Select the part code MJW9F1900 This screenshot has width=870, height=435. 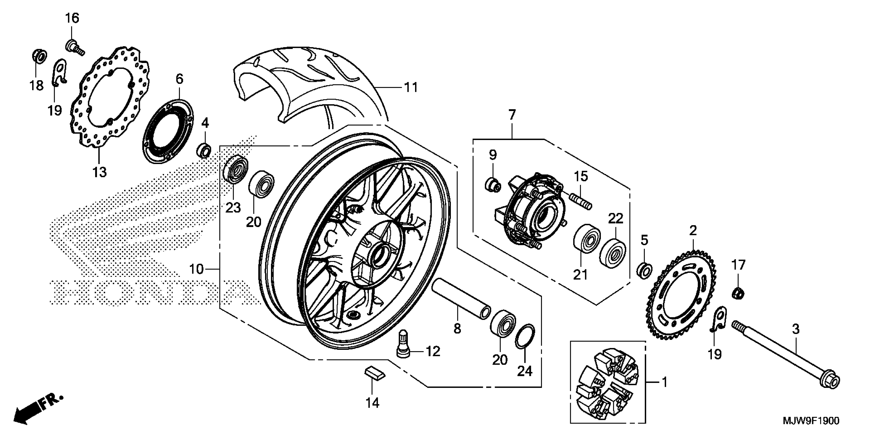click(x=811, y=420)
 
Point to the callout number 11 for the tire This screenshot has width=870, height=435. click(x=411, y=88)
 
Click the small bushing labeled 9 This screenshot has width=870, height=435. click(x=493, y=185)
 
